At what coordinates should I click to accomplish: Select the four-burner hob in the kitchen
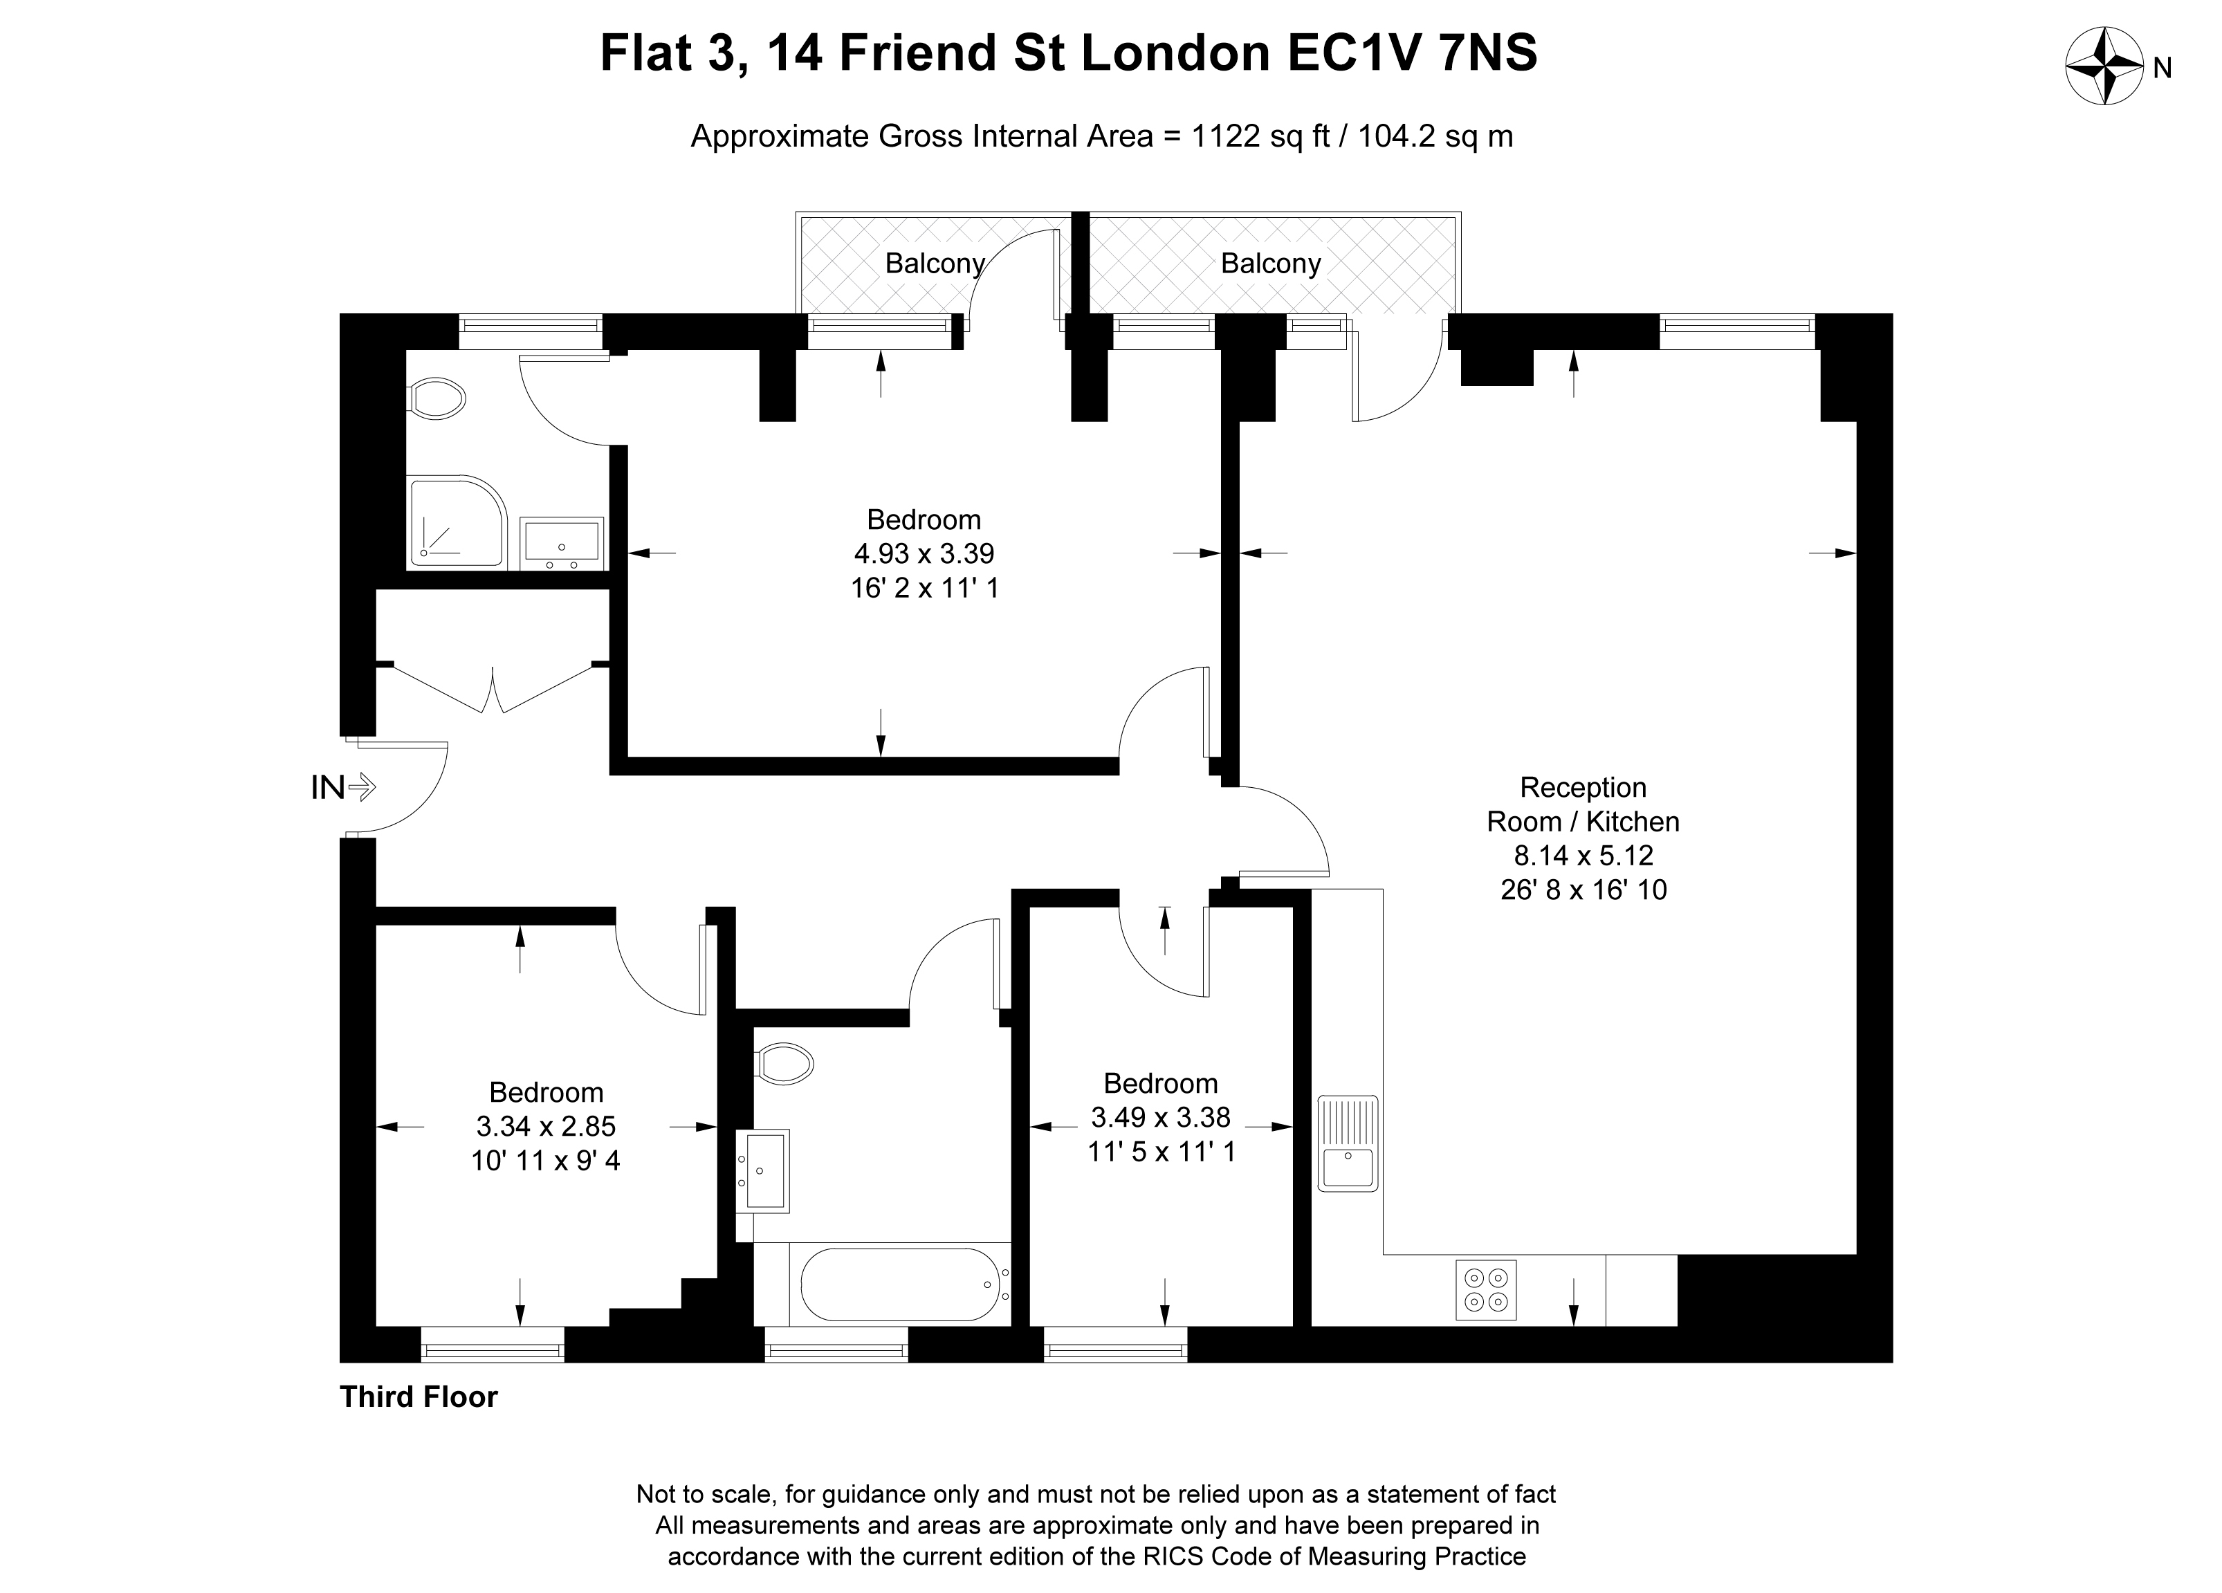pos(1485,1290)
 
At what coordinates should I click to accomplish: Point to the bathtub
pos(899,1285)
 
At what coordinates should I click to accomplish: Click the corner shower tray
pos(457,522)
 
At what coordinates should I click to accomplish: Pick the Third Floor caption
pos(419,1397)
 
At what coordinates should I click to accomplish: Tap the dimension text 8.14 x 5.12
pos(1583,855)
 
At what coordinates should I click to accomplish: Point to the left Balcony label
pos(935,264)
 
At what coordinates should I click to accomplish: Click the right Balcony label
pos(1271,264)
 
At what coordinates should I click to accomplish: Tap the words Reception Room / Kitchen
pos(1583,804)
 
